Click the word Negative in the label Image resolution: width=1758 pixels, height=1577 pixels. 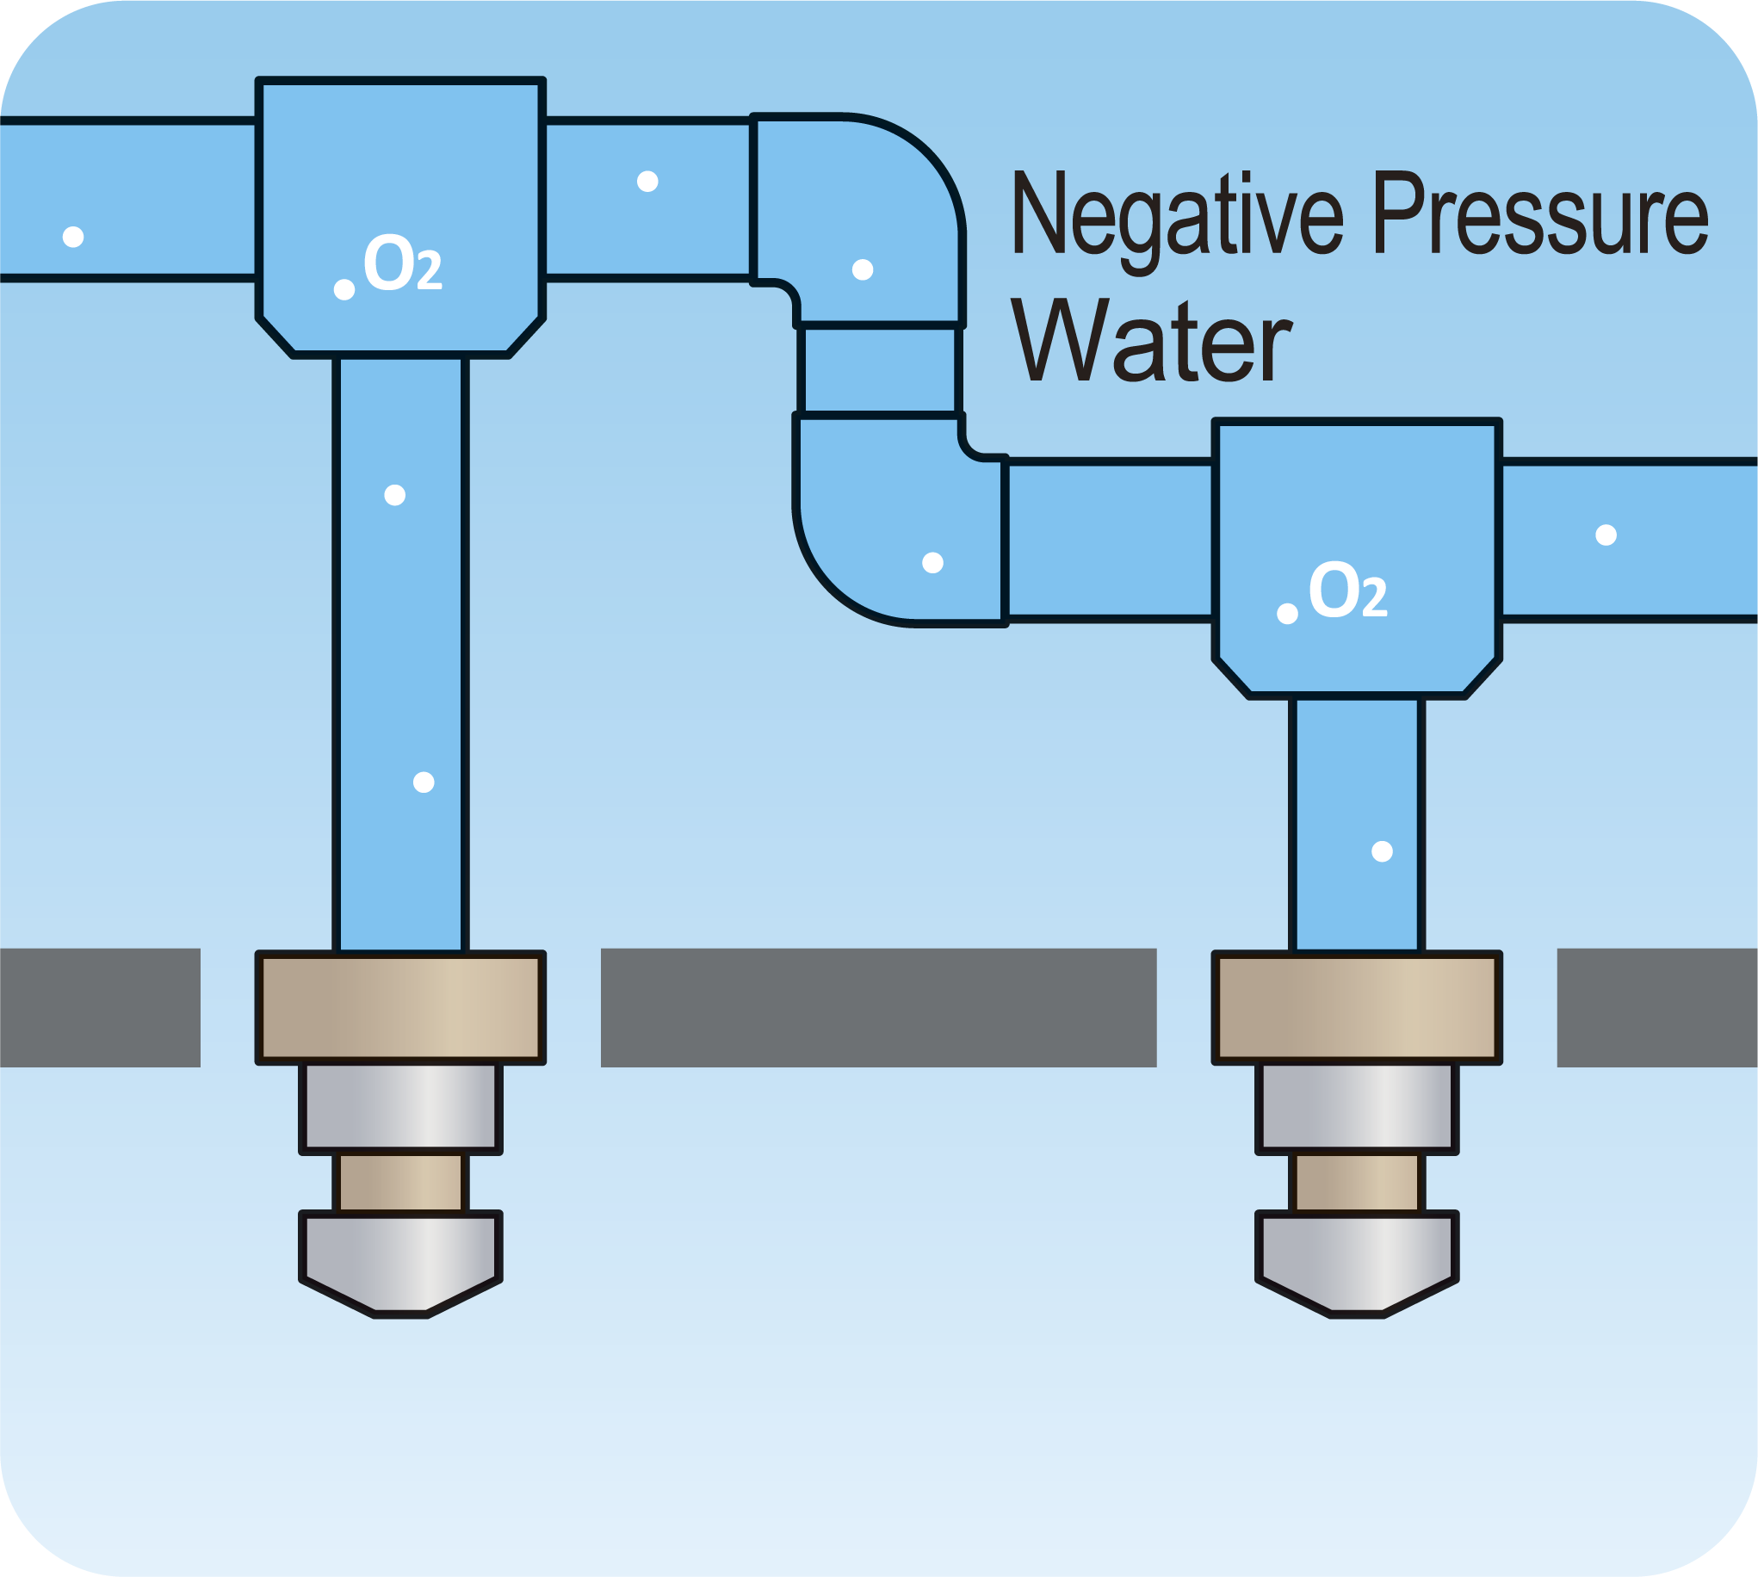1176,215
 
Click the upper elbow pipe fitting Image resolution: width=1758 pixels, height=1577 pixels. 875,208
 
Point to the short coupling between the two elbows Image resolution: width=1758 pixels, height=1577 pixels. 878,370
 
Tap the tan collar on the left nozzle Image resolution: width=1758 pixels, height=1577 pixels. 400,1007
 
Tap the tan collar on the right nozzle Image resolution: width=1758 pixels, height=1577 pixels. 1357,1007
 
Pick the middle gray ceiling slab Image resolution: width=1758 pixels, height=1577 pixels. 878,1007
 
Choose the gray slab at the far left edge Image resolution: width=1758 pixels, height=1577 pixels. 100,1007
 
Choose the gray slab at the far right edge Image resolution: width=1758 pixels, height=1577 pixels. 1656,1007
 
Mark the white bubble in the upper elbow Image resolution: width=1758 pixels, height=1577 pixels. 862,269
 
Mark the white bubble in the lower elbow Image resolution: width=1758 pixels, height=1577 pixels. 932,563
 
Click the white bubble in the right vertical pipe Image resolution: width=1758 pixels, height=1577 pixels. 1382,851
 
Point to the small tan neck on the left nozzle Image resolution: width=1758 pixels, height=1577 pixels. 400,1183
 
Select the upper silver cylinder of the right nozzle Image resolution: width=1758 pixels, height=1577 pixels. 1357,1108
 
